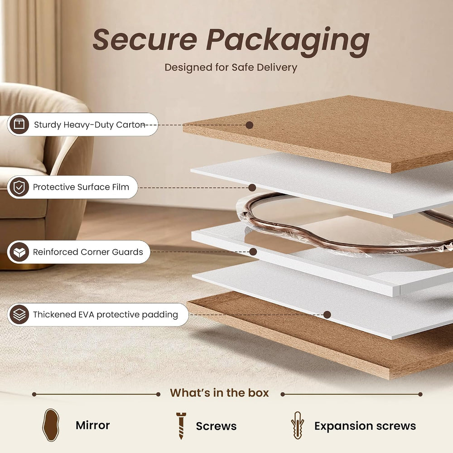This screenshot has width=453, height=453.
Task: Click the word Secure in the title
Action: tap(145, 39)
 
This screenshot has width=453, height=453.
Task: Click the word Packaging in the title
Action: tap(288, 42)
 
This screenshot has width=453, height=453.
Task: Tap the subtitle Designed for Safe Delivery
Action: tap(231, 67)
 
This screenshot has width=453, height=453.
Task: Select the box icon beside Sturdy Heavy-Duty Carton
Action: tap(19, 124)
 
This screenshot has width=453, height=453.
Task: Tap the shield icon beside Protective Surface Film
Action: tap(19, 187)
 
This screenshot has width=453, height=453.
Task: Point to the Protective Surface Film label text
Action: tap(81, 187)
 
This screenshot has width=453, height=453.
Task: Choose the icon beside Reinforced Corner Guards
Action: tap(19, 252)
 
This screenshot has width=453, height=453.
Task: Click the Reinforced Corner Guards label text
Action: tap(88, 252)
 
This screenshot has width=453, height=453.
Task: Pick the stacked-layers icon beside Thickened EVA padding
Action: tap(19, 314)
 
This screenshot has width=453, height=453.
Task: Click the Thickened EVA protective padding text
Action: tap(106, 315)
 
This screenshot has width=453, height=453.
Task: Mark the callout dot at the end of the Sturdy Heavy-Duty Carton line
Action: tap(250, 125)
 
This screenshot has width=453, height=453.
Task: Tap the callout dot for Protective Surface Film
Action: tap(252, 188)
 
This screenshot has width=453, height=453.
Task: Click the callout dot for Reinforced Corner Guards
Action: tap(253, 251)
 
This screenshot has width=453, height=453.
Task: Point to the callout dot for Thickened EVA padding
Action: tap(327, 315)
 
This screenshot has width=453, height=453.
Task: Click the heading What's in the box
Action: tap(219, 393)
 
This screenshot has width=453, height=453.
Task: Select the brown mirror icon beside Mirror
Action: tap(51, 425)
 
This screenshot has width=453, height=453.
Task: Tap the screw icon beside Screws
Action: tap(181, 426)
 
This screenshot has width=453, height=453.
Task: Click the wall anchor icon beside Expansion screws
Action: tap(297, 425)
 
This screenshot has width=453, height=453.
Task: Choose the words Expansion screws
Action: tap(365, 426)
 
